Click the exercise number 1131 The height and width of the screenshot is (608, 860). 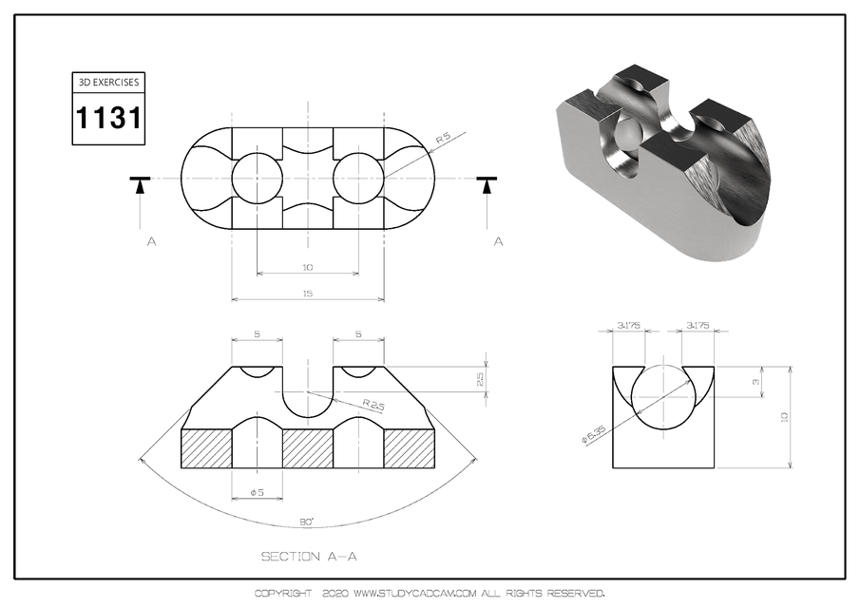(108, 119)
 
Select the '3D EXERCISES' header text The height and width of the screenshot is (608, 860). (108, 83)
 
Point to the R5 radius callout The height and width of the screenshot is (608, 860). (442, 139)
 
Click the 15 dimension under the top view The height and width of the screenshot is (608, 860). (308, 294)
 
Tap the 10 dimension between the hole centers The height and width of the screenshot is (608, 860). (308, 267)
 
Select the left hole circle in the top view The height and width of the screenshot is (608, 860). (258, 178)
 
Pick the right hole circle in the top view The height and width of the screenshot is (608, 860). (358, 178)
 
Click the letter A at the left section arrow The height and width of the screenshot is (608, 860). (151, 242)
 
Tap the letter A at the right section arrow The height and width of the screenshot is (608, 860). (498, 242)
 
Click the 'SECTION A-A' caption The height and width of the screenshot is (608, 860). (309, 556)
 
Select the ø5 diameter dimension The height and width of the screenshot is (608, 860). (257, 492)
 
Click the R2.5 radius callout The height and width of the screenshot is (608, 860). (350, 406)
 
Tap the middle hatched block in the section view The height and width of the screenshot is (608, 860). (308, 448)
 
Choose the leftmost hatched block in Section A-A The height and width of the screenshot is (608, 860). (206, 448)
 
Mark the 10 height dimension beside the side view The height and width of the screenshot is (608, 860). (785, 416)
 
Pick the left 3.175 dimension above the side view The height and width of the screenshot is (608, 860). (628, 326)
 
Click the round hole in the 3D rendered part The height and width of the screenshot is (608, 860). (628, 142)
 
